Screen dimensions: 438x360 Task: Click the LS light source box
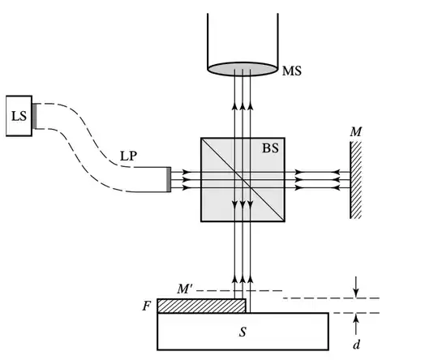19,116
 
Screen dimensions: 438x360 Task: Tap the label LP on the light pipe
128,156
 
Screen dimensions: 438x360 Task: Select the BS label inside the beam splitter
270,148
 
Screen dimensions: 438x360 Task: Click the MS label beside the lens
292,71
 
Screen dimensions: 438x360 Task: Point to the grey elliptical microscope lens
243,69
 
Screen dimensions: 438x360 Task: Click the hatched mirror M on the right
355,180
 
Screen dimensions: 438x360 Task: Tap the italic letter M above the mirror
356,131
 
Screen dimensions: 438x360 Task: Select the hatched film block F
202,306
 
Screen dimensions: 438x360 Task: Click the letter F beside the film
146,306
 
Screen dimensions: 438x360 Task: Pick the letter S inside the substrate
243,332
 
